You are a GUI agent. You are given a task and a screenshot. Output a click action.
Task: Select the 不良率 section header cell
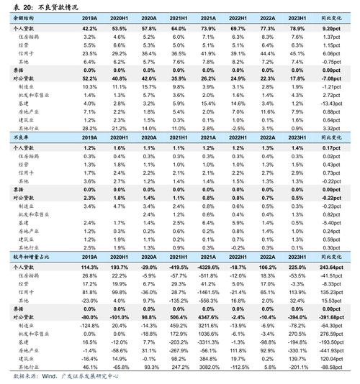(x=21, y=137)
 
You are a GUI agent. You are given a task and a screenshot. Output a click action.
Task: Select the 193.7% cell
(x=119, y=267)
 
